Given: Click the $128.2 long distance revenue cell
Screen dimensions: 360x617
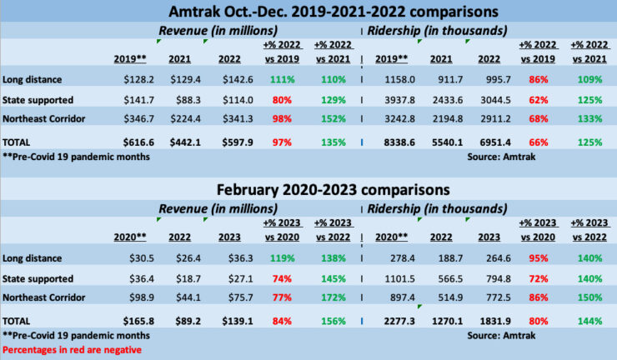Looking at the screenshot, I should (138, 79).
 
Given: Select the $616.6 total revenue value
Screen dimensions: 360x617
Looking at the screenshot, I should (138, 142).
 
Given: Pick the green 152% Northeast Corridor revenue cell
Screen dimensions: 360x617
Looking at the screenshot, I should (332, 118).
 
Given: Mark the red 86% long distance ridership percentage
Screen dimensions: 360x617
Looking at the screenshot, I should (542, 79).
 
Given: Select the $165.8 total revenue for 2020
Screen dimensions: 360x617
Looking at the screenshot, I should (138, 319).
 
